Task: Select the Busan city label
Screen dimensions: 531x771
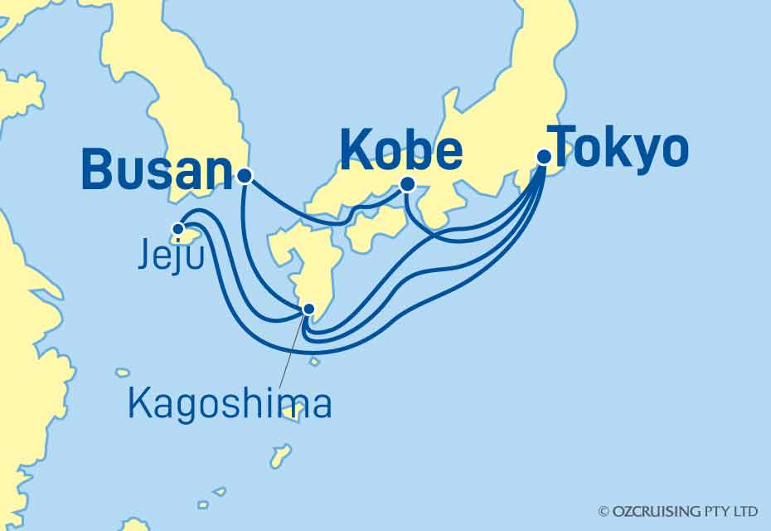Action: (156, 170)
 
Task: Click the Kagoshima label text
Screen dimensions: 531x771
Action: (230, 404)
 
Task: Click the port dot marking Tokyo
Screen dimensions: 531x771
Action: (544, 156)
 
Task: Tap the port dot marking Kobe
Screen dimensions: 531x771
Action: (407, 185)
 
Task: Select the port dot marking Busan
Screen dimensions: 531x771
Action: (244, 176)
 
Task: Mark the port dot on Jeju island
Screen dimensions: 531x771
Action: (178, 229)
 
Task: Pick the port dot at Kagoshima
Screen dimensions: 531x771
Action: (308, 309)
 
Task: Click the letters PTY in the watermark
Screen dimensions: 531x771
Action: (720, 511)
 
